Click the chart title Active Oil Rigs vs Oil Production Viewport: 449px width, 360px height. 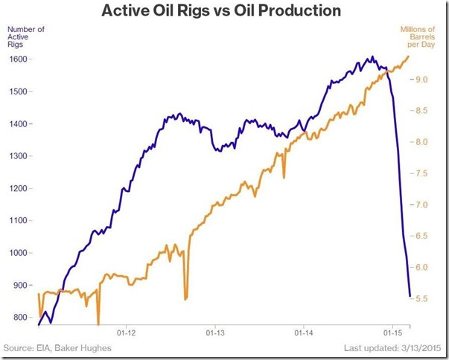coord(221,11)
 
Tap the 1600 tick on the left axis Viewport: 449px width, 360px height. coord(18,60)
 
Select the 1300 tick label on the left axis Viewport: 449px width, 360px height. coord(18,156)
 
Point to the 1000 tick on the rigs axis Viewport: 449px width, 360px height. coord(18,253)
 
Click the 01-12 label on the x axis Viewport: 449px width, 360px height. coord(127,332)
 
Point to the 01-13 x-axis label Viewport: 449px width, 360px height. coord(215,332)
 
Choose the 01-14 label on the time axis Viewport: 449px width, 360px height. coord(304,332)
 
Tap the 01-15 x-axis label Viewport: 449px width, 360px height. coord(392,332)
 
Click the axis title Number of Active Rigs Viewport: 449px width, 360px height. coord(26,37)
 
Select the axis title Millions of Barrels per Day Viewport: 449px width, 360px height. coord(418,37)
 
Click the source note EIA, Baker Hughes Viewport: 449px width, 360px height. coord(74,348)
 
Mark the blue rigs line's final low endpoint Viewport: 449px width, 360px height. coord(410,296)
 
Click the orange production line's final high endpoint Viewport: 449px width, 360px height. coord(408,56)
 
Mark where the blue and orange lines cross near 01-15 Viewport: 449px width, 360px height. coord(387,71)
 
